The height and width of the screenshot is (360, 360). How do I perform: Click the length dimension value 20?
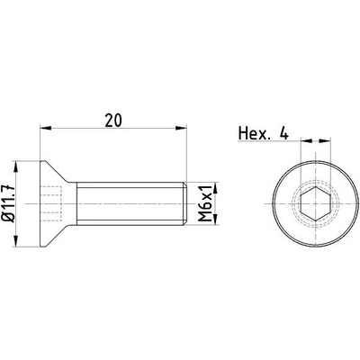coord(113,121)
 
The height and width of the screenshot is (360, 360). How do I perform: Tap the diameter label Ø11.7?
coord(8,204)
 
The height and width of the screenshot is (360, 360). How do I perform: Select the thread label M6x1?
coord(206,203)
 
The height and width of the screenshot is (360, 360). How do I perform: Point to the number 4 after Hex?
coord(283,134)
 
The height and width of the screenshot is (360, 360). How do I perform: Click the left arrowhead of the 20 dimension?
coord(45,129)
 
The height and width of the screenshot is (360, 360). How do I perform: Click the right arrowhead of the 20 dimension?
coord(181,129)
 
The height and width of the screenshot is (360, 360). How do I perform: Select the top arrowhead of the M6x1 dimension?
coord(216,187)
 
